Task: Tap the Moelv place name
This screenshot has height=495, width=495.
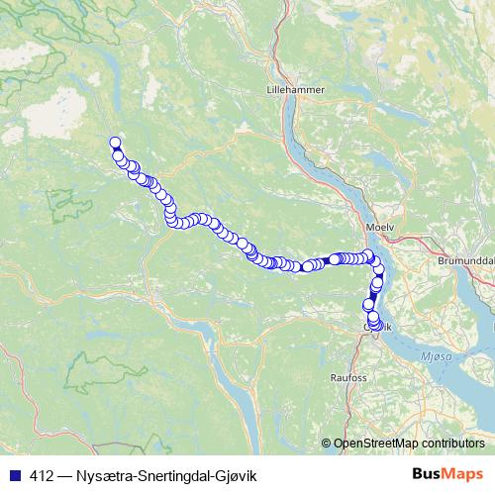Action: pos(379,227)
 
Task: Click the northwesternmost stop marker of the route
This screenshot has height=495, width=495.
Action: pos(115,143)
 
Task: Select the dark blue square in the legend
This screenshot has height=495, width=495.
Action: pos(14,475)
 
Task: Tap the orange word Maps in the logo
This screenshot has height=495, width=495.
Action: pos(464,474)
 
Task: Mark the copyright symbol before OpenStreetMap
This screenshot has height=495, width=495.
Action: pos(327,444)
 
